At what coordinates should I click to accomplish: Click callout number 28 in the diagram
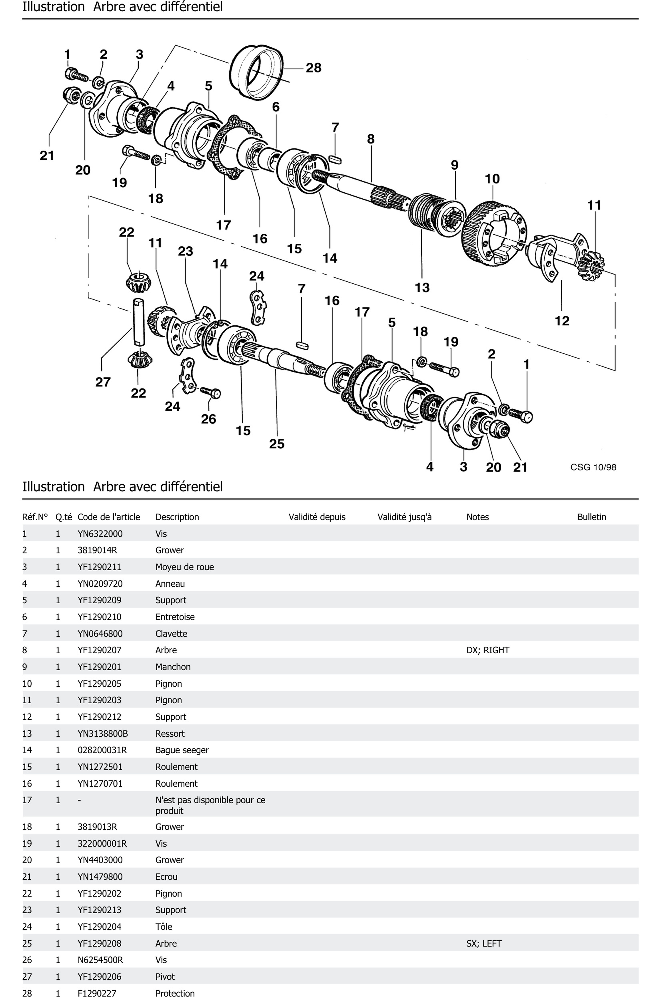point(313,68)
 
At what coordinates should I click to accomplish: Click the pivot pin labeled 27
point(138,321)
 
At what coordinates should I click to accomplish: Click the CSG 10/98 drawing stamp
point(593,467)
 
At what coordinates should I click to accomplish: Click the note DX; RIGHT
point(488,650)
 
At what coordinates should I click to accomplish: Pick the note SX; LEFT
point(483,943)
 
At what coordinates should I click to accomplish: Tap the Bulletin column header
point(591,517)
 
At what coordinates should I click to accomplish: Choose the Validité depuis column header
point(317,517)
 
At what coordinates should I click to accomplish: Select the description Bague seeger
point(182,750)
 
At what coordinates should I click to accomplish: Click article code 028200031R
point(102,750)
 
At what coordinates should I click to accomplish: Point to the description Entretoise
point(175,617)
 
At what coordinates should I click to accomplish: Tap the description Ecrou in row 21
point(166,877)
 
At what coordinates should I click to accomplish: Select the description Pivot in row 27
point(165,977)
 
